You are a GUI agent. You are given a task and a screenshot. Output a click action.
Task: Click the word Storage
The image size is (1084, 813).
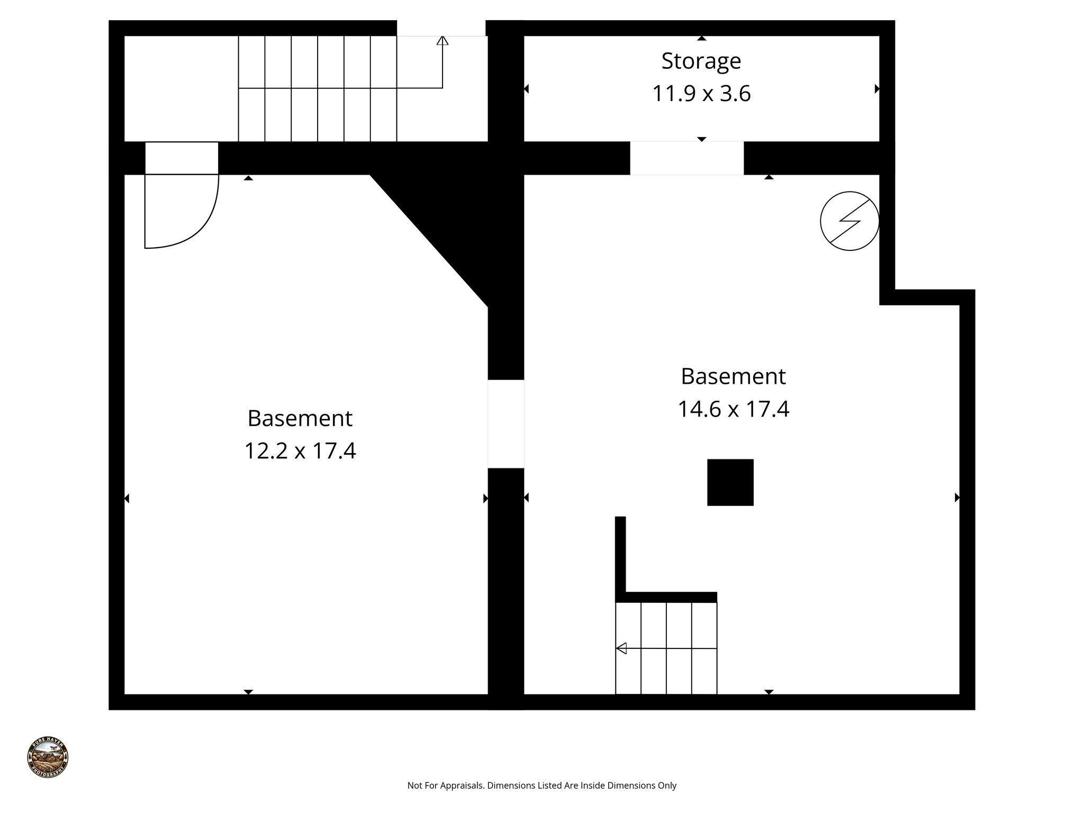[701, 61]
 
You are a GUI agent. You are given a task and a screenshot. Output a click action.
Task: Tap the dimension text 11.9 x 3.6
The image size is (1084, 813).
[701, 94]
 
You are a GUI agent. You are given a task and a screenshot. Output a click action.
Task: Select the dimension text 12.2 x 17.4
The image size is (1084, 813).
[300, 451]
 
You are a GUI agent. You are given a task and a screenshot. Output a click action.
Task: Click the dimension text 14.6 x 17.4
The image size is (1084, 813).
[733, 409]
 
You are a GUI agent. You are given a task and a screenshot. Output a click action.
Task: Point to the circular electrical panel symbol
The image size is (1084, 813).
[849, 221]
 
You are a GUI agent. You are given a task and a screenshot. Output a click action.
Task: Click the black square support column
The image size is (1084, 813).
[730, 482]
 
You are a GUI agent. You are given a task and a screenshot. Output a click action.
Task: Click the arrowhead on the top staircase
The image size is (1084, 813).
[442, 40]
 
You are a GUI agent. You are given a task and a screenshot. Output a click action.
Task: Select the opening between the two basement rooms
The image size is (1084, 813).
[505, 423]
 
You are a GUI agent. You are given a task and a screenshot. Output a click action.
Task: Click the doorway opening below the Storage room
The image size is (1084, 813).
[686, 158]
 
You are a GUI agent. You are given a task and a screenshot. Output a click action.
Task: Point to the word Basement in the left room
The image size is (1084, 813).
[300, 418]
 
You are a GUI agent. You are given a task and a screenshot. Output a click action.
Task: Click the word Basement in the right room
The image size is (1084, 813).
[733, 376]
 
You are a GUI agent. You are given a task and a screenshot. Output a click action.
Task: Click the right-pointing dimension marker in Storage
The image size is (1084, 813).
[877, 89]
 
